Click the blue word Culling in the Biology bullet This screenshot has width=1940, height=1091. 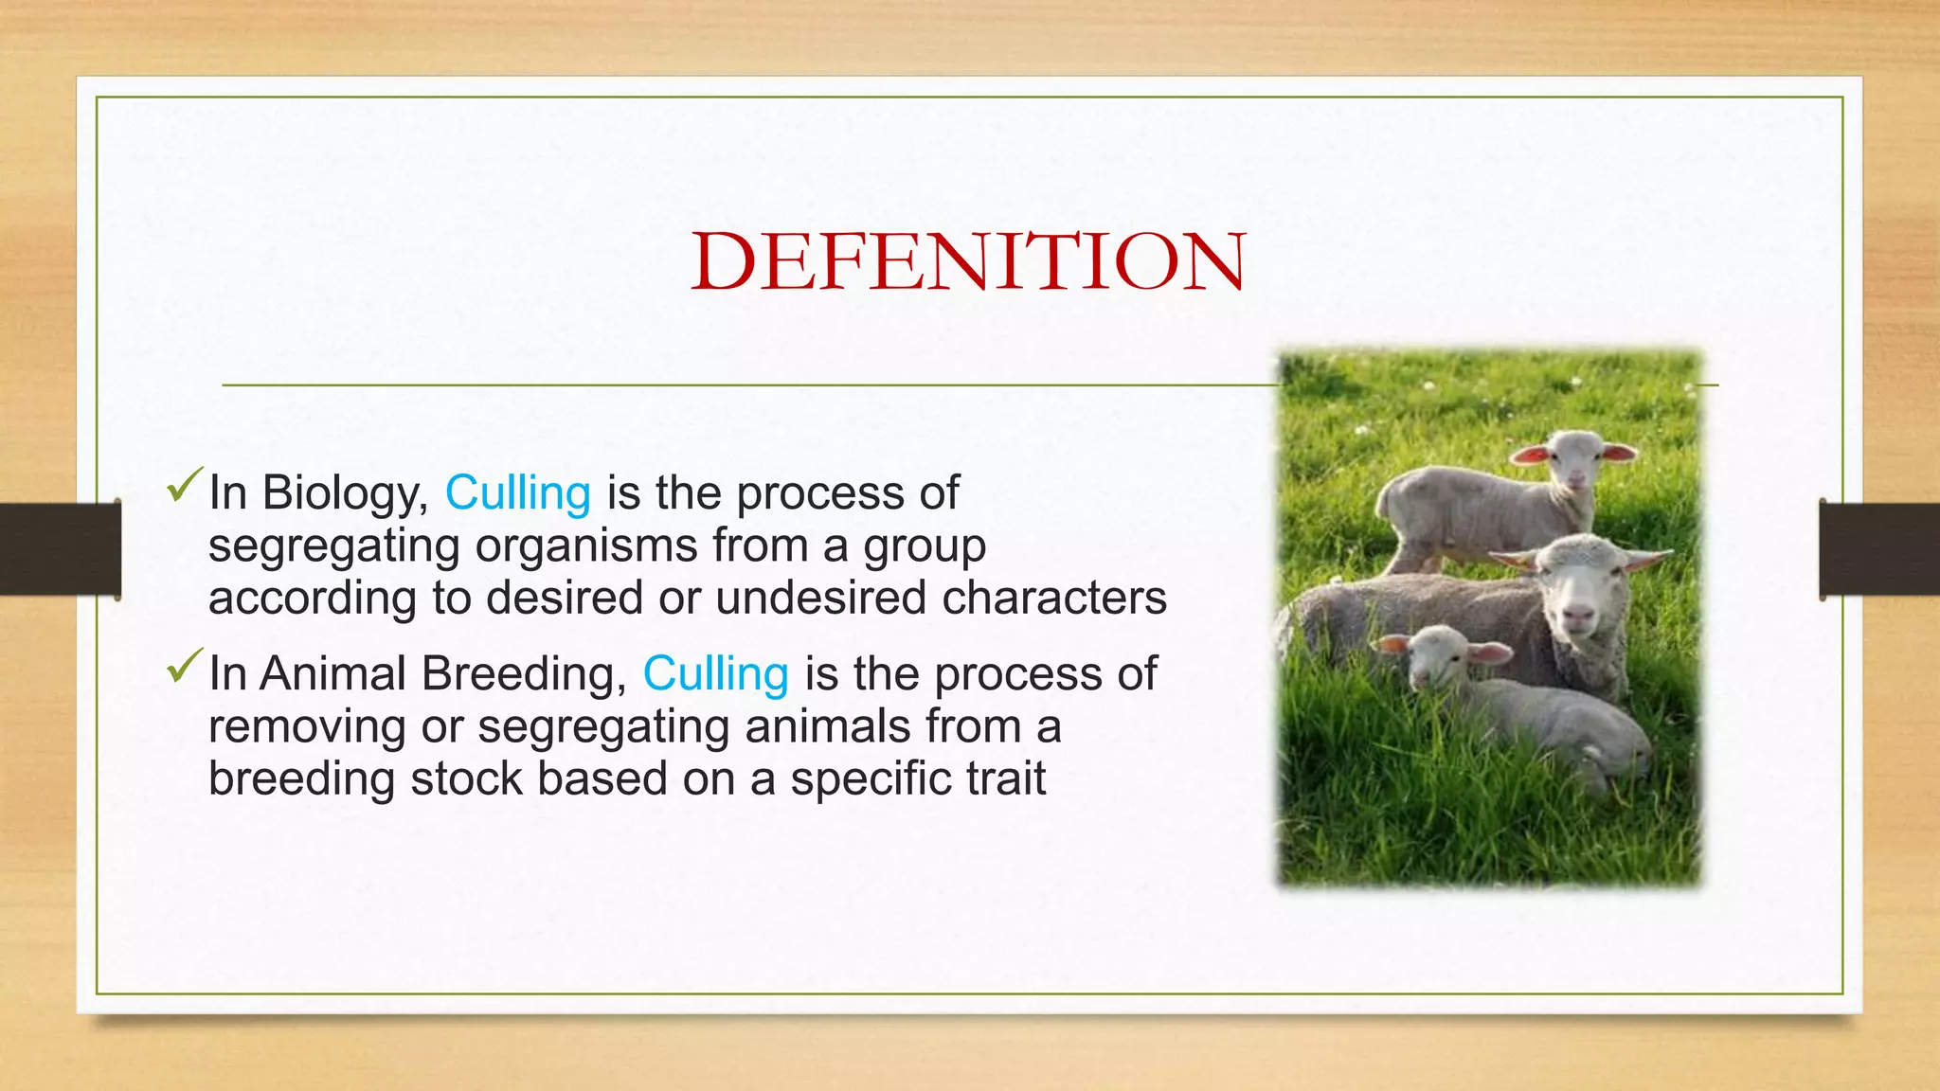pos(518,493)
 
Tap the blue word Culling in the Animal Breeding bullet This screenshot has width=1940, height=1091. pos(715,674)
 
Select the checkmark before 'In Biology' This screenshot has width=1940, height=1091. pos(184,487)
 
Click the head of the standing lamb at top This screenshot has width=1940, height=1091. pos(1574,457)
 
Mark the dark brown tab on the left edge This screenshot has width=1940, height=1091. pos(60,549)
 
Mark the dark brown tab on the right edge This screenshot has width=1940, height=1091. pos(1879,549)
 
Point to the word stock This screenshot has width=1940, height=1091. pos(466,779)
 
